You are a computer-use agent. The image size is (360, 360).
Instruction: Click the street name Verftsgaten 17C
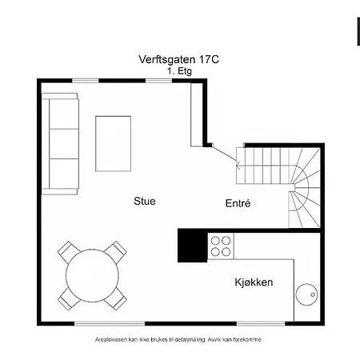click(180, 60)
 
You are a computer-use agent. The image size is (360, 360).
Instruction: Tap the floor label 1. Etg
click(180, 70)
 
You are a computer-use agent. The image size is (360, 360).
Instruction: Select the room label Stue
click(145, 202)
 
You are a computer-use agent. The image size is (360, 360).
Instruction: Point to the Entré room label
click(238, 204)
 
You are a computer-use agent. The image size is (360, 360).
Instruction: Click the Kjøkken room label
click(254, 283)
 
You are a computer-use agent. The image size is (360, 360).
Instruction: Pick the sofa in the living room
click(62, 142)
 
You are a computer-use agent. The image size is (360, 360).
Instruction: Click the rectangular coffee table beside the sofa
click(114, 143)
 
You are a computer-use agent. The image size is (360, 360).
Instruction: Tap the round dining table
click(92, 276)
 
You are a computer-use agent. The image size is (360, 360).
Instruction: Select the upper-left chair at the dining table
click(69, 251)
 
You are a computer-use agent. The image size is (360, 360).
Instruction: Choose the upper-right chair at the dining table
click(117, 251)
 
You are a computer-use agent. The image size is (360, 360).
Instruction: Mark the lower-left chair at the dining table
click(68, 300)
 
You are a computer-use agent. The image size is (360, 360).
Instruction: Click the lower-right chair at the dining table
click(117, 300)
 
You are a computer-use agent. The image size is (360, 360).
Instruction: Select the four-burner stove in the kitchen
click(221, 246)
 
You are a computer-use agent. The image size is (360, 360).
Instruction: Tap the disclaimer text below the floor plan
click(180, 339)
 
